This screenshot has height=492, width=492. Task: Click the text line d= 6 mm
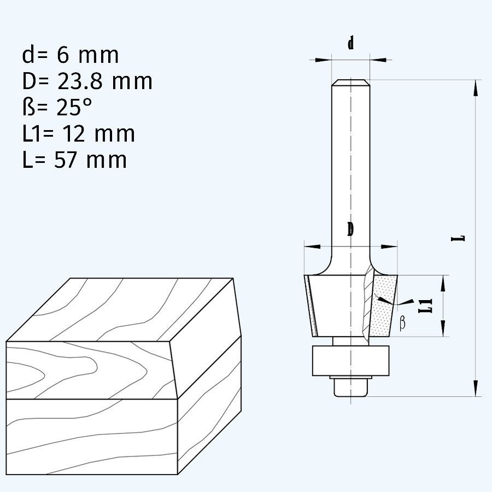(x=70, y=55)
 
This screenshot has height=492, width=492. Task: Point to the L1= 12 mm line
(x=78, y=134)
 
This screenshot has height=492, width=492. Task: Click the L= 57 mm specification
(x=74, y=160)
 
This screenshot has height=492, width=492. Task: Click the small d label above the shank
(x=350, y=44)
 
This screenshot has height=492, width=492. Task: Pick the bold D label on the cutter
(x=350, y=230)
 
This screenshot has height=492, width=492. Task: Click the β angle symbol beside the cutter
(x=403, y=323)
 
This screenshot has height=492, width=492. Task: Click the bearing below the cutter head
(x=350, y=360)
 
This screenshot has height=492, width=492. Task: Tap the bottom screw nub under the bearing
(x=350, y=388)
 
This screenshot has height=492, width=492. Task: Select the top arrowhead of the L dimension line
(x=476, y=87)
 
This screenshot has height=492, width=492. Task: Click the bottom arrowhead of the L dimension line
(x=476, y=388)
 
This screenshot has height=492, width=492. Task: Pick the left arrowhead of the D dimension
(x=312, y=247)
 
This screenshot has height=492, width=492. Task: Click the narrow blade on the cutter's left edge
(x=311, y=306)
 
